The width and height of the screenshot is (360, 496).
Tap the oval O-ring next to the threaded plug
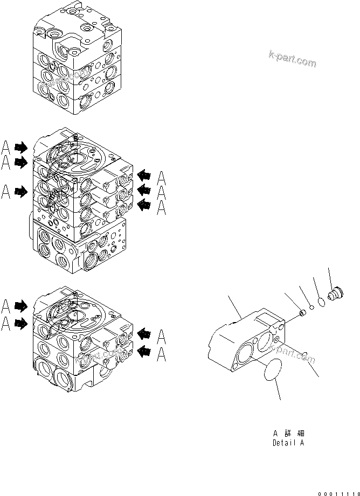(x=320, y=302)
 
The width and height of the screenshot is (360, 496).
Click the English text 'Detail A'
(x=288, y=443)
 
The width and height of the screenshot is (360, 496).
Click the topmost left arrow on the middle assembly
(x=21, y=146)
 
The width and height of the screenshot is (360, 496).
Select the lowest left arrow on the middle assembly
(x=21, y=191)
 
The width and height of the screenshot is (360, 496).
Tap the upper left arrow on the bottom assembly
(x=21, y=306)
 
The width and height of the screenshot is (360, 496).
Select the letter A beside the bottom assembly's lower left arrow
(x=5, y=323)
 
